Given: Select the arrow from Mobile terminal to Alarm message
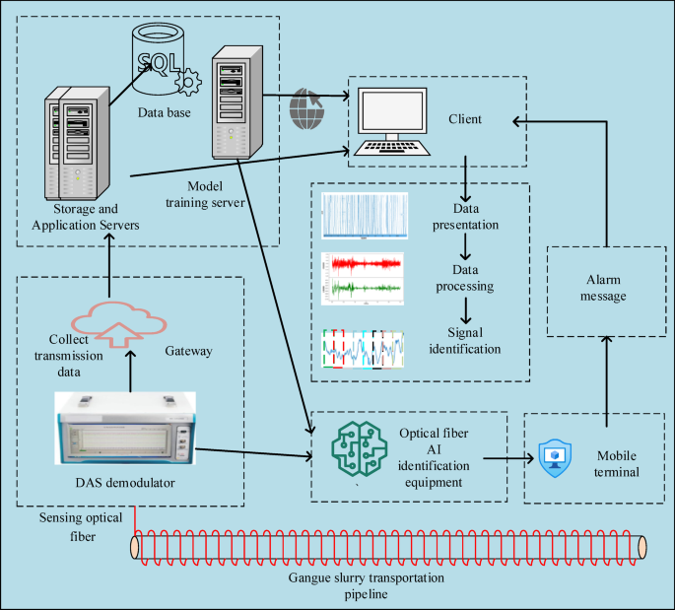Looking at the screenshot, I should (x=605, y=374).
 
